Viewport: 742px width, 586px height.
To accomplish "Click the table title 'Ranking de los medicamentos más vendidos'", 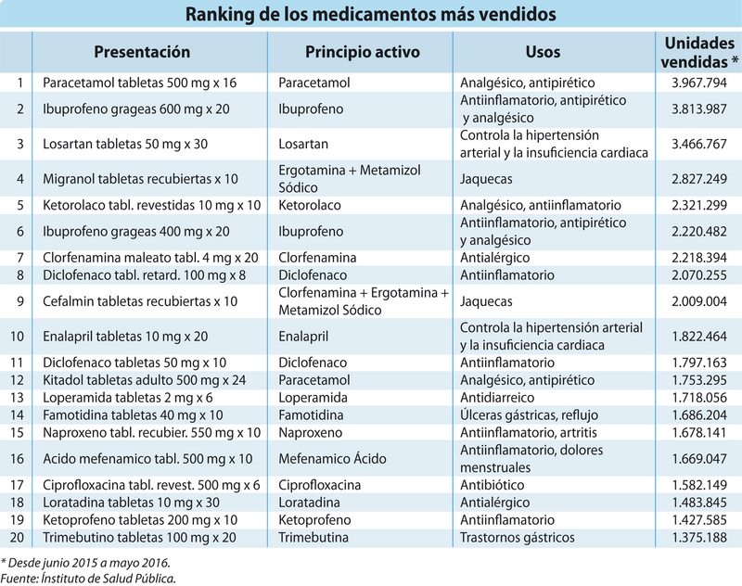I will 371,15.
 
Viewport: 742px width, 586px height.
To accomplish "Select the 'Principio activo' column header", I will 361,52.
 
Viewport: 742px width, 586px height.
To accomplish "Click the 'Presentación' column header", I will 142,52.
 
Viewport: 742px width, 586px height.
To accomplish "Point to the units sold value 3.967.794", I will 697,83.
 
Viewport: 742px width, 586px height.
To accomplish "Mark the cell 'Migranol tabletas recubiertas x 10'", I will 141,177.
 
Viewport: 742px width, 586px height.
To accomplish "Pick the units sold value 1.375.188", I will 697,538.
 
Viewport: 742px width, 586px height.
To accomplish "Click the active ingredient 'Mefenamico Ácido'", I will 333,458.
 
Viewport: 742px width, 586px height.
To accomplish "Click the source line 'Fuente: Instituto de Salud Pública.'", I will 88,578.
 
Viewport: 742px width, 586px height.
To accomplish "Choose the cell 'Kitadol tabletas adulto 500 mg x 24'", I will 142,380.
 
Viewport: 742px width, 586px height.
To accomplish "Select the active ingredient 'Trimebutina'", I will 317,538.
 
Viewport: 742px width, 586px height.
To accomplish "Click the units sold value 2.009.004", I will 697,301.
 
